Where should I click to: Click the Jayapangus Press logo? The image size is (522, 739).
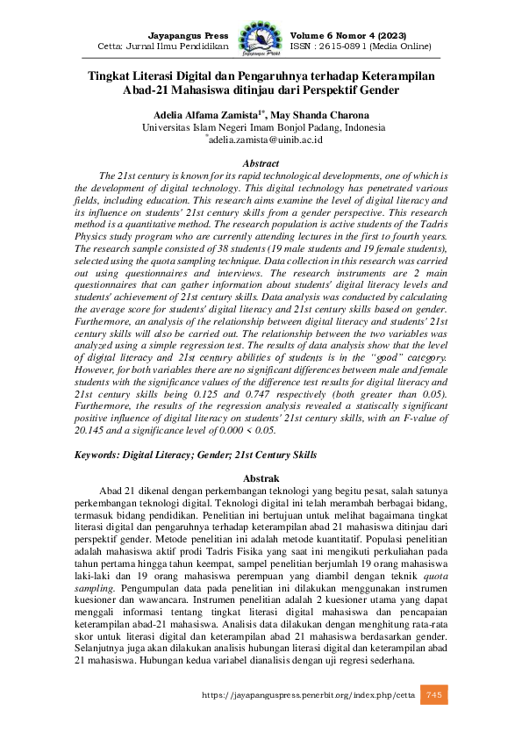[x=261, y=38]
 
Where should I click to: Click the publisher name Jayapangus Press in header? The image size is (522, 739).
[x=188, y=32]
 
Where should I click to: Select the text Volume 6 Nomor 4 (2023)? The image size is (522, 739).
[x=342, y=32]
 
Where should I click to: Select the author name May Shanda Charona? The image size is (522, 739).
[x=320, y=114]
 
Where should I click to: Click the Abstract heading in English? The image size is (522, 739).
[x=261, y=163]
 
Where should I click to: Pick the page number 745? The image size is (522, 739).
[x=433, y=721]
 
